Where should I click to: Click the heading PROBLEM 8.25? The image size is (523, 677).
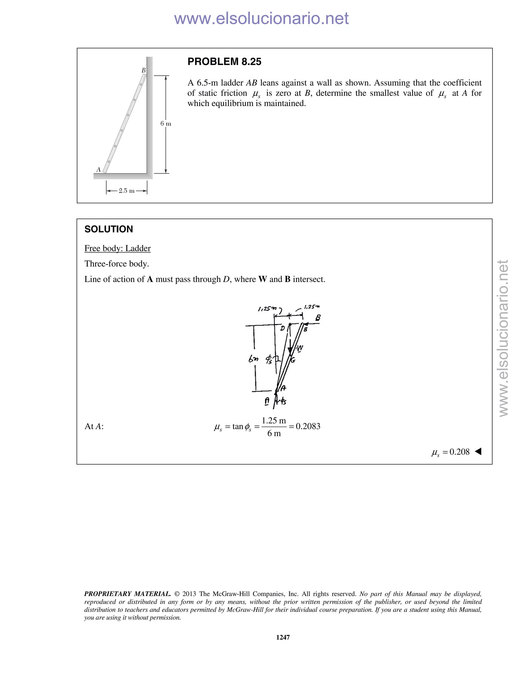coord(224,62)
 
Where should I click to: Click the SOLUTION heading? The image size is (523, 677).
coord(109,229)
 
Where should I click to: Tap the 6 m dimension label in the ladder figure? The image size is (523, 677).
coord(165,124)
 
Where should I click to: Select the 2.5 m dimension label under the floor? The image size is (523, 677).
coord(126,191)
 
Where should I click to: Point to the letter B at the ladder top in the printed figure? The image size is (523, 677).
coord(144,70)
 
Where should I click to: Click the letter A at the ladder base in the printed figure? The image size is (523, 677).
coord(99,170)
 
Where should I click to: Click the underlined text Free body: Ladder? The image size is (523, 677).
coord(117,248)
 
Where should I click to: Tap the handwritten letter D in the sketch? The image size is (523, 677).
coord(282,328)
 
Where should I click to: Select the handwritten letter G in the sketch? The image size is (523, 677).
coord(293,360)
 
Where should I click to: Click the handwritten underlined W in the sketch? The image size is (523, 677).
coord(300,348)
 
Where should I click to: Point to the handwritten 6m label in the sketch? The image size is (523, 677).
coord(253,359)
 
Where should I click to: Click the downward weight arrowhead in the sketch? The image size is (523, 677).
coord(290,351)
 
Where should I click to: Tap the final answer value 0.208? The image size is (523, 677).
coord(459,452)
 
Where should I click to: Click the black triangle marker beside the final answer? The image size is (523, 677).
coord(478,451)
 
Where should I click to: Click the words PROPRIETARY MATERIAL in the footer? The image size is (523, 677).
coord(127,594)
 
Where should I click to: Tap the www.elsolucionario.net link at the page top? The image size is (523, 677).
coord(261,18)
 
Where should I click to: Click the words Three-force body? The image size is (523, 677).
coord(117,264)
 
